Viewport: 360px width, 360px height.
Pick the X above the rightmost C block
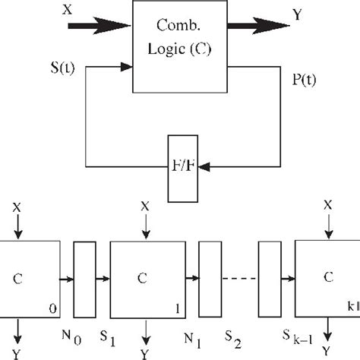[x=327, y=205]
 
